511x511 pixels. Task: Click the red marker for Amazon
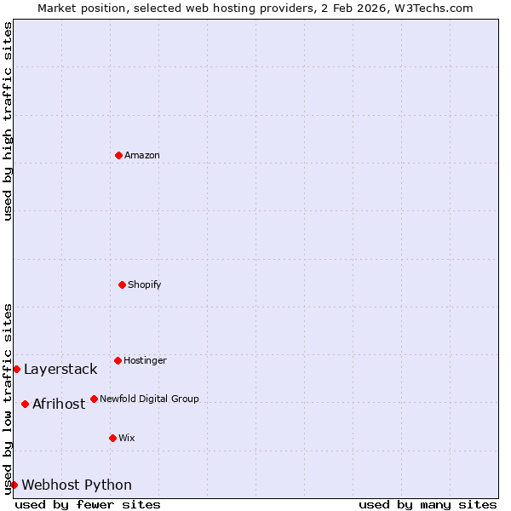118,155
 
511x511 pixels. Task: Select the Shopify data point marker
122,284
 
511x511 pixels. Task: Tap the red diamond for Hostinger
118,360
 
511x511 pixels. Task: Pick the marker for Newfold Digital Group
94,399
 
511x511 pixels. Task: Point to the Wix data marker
112,438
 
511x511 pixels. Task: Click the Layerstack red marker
16,369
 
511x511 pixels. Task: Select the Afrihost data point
25,404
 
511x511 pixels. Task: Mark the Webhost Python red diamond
14,485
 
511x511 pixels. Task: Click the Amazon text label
142,155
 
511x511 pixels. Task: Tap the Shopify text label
145,284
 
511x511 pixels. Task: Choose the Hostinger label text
145,360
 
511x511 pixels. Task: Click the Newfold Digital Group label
149,399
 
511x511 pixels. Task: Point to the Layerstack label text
60,369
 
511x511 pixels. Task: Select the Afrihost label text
59,404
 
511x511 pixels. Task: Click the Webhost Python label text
77,485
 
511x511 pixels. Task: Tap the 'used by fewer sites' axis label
88,504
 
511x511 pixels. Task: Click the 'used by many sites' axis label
428,504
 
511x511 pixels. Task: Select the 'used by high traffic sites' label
8,121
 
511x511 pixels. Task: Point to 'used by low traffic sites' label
8,398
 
